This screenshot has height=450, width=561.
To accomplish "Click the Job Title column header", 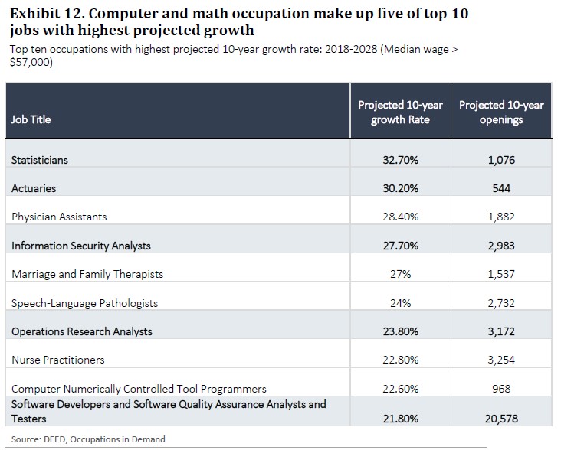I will [x=31, y=119].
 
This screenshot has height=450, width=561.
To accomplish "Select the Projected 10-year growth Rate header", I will [x=400, y=112].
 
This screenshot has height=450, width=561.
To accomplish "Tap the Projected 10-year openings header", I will [x=501, y=112].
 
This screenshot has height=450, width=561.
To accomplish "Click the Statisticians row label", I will [x=40, y=160].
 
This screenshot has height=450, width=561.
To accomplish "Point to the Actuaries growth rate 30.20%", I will [x=400, y=188].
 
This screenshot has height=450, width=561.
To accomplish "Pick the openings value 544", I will [x=501, y=188].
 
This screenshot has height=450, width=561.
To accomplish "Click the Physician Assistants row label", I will [x=59, y=217].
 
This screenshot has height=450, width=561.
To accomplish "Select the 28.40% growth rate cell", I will [x=400, y=217].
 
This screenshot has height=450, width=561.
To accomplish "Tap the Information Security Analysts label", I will [x=80, y=246].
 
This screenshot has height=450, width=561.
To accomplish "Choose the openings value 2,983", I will [x=501, y=246].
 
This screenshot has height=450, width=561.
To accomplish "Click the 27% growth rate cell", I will [x=400, y=274].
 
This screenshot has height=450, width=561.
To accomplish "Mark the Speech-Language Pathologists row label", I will [x=84, y=303].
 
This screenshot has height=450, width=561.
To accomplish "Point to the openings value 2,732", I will [x=501, y=303].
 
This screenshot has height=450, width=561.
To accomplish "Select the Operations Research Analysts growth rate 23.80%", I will [x=400, y=331].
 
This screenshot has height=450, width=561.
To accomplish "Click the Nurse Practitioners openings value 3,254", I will [x=501, y=360].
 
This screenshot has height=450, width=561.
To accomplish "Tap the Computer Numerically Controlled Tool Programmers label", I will [x=139, y=389].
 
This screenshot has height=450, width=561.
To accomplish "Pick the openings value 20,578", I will [x=501, y=419].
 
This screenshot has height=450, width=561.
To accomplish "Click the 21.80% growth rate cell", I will [x=400, y=419].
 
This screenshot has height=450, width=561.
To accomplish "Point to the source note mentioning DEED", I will [x=88, y=439].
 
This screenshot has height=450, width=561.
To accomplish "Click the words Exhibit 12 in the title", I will [x=45, y=14].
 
